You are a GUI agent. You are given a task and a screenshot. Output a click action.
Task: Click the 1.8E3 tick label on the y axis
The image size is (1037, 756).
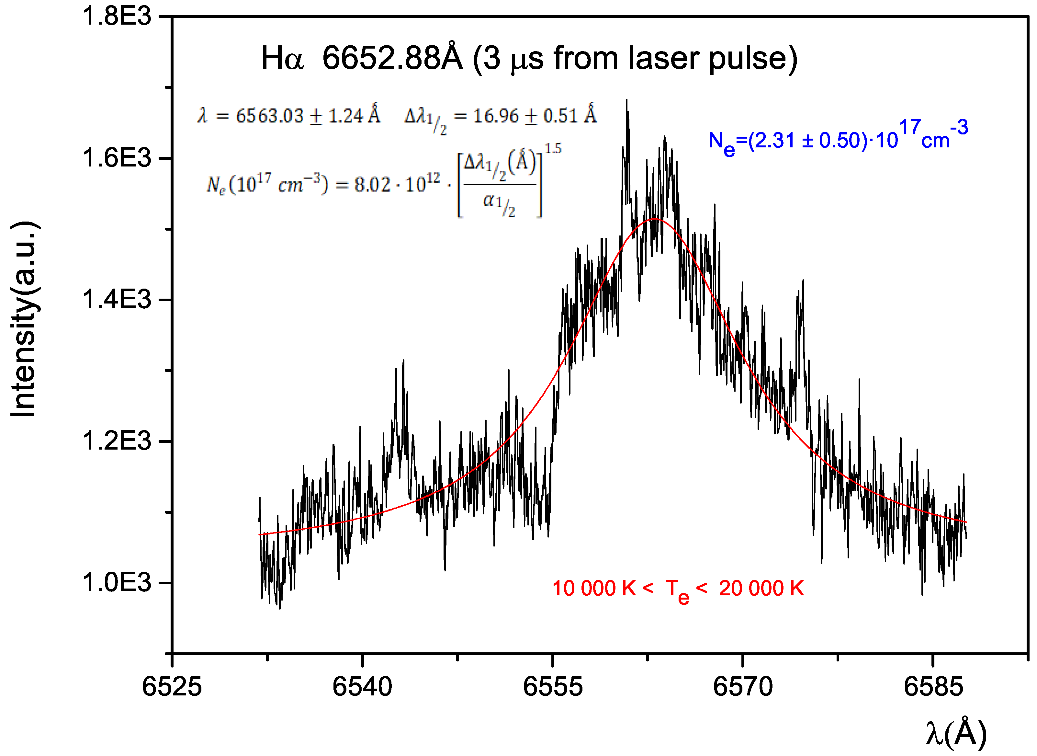(x=117, y=17)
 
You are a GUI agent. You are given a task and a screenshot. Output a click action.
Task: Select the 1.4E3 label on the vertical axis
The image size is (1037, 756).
(x=117, y=300)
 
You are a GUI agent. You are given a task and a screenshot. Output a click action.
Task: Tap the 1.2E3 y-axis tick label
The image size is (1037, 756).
(x=117, y=441)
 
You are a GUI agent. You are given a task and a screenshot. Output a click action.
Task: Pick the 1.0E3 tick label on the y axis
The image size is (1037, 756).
(x=117, y=583)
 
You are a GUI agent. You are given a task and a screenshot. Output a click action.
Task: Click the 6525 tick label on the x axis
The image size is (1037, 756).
(x=172, y=687)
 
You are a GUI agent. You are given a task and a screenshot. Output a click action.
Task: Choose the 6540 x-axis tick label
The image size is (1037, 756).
(x=362, y=687)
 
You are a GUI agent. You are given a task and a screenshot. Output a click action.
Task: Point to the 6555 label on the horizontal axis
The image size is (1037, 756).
(x=553, y=687)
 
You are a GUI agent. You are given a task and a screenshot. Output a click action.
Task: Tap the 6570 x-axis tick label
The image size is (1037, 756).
(x=743, y=687)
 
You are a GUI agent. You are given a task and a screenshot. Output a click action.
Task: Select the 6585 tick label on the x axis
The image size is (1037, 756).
(x=933, y=687)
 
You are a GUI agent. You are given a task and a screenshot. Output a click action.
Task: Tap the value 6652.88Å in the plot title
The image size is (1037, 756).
(x=392, y=59)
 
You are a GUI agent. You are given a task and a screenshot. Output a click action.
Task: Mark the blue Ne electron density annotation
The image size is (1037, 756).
(x=838, y=137)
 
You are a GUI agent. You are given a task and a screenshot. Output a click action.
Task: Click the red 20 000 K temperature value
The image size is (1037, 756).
(x=761, y=589)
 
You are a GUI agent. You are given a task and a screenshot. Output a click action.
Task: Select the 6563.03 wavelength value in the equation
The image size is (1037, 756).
(x=270, y=116)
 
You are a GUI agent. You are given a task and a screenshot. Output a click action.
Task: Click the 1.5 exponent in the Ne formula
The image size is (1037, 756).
(x=553, y=148)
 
